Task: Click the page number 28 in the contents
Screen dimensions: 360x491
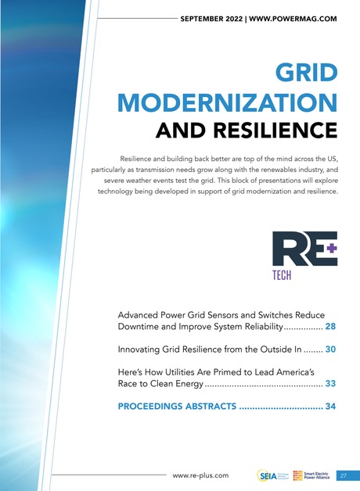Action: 330,326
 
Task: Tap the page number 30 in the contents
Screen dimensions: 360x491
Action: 330,349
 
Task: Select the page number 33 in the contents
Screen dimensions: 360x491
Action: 330,384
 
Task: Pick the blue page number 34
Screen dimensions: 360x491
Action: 330,407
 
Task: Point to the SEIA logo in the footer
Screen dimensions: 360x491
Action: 267,475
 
